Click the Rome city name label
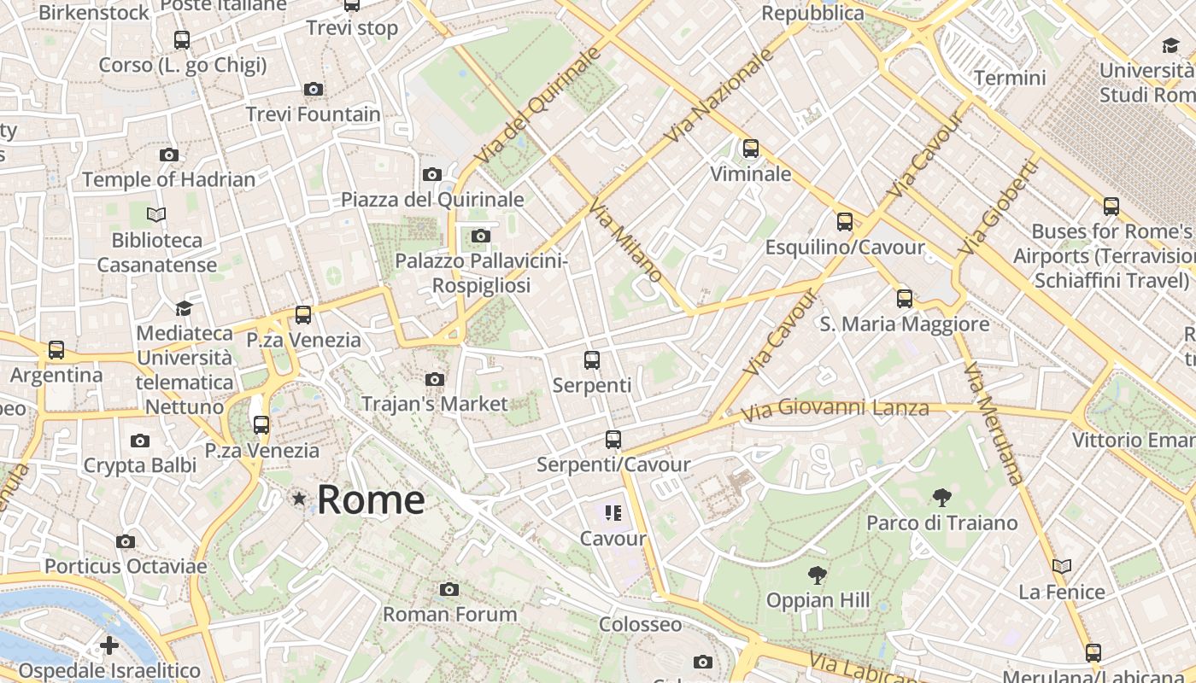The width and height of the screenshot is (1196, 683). click(x=371, y=499)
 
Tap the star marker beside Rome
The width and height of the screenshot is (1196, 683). click(x=299, y=498)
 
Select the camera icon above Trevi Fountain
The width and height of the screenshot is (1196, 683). click(x=314, y=89)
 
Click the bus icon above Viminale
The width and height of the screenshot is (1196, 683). click(x=751, y=149)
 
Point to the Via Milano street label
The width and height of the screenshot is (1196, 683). click(x=626, y=241)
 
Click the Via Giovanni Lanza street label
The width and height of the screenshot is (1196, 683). click(x=834, y=410)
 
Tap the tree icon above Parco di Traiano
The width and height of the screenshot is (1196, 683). click(x=942, y=497)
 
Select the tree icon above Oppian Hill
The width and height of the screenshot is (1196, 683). click(x=818, y=575)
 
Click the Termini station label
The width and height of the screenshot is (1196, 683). click(x=1010, y=78)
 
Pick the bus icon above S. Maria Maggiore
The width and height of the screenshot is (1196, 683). click(x=905, y=299)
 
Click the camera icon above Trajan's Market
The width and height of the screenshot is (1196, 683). click(x=435, y=379)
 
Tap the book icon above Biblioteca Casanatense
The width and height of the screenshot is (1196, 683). click(x=156, y=214)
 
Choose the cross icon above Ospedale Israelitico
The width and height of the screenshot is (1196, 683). click(x=109, y=645)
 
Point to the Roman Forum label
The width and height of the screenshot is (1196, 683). click(x=449, y=614)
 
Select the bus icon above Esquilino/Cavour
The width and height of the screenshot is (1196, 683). click(x=845, y=222)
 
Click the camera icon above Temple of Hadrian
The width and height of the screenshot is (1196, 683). click(x=169, y=155)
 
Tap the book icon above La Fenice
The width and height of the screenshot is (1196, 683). click(x=1062, y=566)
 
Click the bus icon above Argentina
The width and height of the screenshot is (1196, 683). click(x=56, y=349)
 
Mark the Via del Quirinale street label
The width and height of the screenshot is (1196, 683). click(x=538, y=106)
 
